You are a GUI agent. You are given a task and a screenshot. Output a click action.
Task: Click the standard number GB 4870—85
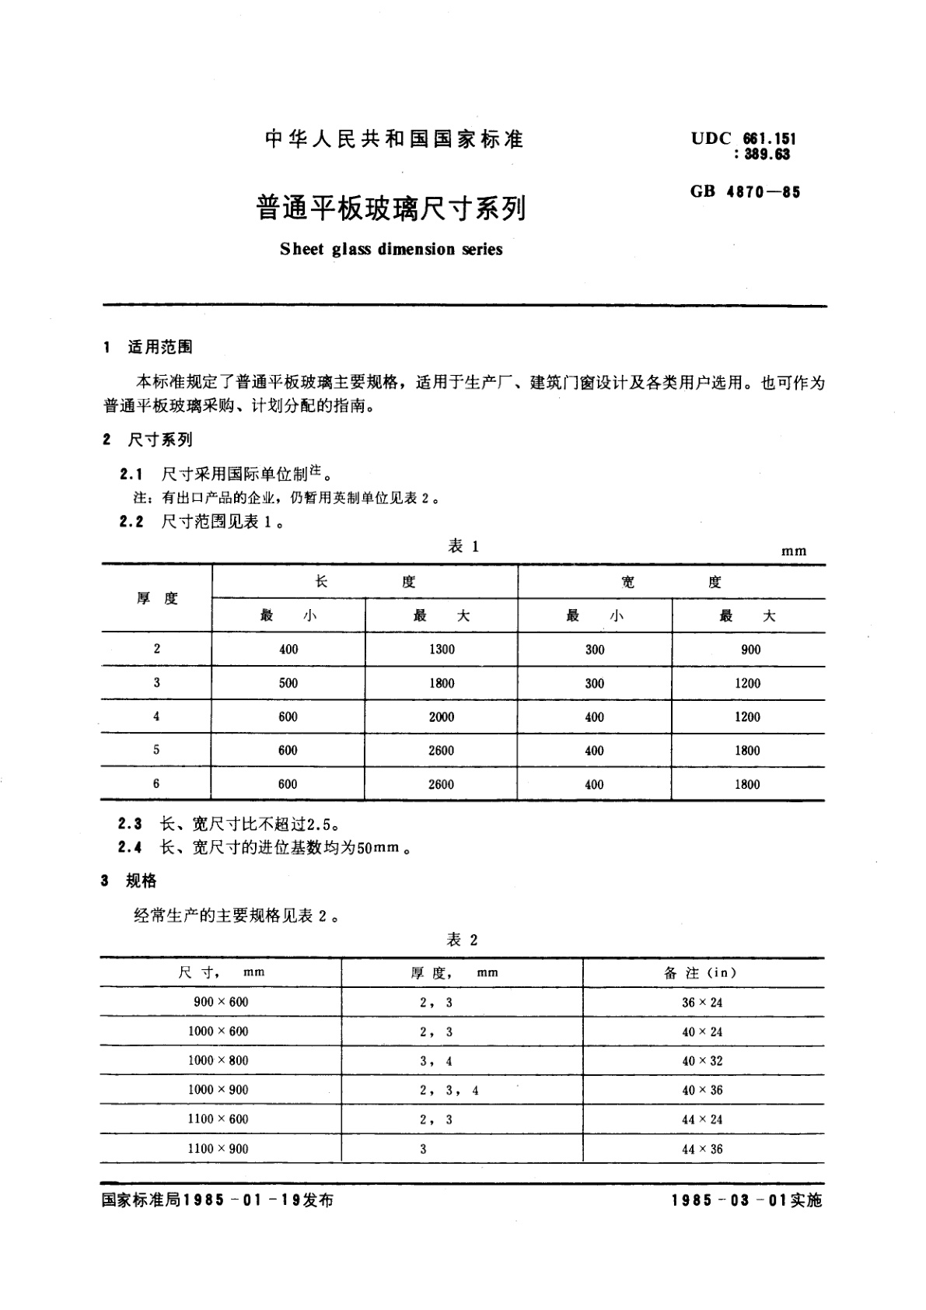744,191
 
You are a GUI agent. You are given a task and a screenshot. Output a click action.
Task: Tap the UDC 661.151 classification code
743,139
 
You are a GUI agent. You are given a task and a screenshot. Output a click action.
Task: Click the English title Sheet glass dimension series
391,250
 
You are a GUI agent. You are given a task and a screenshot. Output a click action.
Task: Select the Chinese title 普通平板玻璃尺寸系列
391,208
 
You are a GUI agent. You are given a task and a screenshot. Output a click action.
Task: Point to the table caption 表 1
463,547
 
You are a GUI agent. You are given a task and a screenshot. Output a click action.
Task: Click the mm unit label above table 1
794,551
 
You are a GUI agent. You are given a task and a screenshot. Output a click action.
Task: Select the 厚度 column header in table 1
157,598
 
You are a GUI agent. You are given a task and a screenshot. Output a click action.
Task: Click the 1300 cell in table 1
442,650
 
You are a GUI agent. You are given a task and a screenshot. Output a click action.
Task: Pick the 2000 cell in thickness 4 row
441,717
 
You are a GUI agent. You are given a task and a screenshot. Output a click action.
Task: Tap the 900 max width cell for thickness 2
750,650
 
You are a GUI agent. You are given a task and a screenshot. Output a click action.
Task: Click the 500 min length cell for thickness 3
288,683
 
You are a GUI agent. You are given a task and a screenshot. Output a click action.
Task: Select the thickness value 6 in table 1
156,784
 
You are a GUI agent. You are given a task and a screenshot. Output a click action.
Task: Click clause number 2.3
130,823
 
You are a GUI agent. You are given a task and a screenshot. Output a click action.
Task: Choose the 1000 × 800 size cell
218,1060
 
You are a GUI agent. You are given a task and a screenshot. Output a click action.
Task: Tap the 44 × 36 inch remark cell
702,1149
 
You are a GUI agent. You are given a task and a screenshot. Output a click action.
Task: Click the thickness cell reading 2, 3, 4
449,1091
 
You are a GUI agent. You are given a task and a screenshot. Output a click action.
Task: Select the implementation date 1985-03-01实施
746,1200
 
